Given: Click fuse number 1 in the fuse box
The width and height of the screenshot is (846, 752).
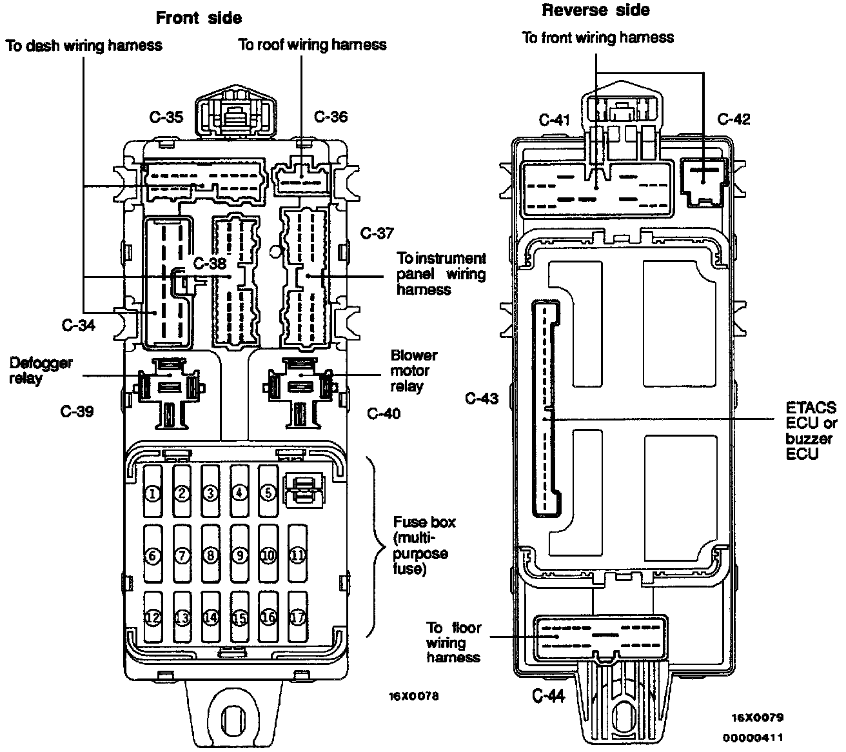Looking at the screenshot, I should point(152,493).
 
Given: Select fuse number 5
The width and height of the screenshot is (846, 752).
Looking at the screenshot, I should point(268,492).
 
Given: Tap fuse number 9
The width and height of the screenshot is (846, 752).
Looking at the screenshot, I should point(239,554).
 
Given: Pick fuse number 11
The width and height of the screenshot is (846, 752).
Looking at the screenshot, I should point(297,554).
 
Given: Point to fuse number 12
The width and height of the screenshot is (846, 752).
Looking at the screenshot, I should point(153,617).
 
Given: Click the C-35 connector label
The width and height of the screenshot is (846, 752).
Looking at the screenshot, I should point(166,117).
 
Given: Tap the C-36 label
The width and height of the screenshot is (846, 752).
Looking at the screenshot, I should point(330,116).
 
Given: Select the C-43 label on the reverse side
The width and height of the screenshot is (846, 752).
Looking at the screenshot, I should point(482,399).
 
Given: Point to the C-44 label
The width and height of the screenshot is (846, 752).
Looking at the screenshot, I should point(549,696).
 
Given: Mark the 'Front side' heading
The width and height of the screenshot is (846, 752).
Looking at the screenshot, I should point(199,18).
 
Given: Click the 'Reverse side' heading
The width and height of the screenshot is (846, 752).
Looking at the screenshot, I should point(596,10).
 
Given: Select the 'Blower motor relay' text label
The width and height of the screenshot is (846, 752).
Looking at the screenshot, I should point(414,371).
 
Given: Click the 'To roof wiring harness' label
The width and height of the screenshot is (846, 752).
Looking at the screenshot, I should point(313,45).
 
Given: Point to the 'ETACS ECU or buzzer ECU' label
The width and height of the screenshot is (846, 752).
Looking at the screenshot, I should point(811,431).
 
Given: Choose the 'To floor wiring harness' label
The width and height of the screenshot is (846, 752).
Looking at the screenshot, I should point(454,642).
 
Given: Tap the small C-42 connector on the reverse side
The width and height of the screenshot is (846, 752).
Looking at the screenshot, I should point(703,181).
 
